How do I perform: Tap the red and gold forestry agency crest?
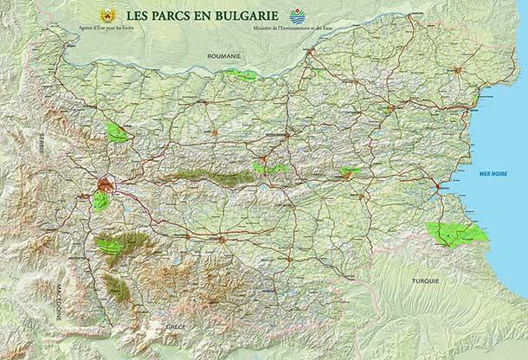[x=108, y=16]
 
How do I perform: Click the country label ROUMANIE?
[x=224, y=55]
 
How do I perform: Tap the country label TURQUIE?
[x=425, y=281]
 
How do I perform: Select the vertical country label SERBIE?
[x=40, y=145]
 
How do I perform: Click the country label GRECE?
[x=176, y=327]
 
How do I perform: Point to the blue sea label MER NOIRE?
[x=493, y=174]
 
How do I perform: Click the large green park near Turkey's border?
[x=456, y=234]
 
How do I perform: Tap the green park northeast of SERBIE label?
[x=116, y=132]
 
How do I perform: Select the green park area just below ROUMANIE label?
[x=240, y=75]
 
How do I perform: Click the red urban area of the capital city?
[x=106, y=184]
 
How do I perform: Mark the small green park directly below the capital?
[x=101, y=202]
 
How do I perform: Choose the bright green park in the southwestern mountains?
[x=111, y=245]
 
